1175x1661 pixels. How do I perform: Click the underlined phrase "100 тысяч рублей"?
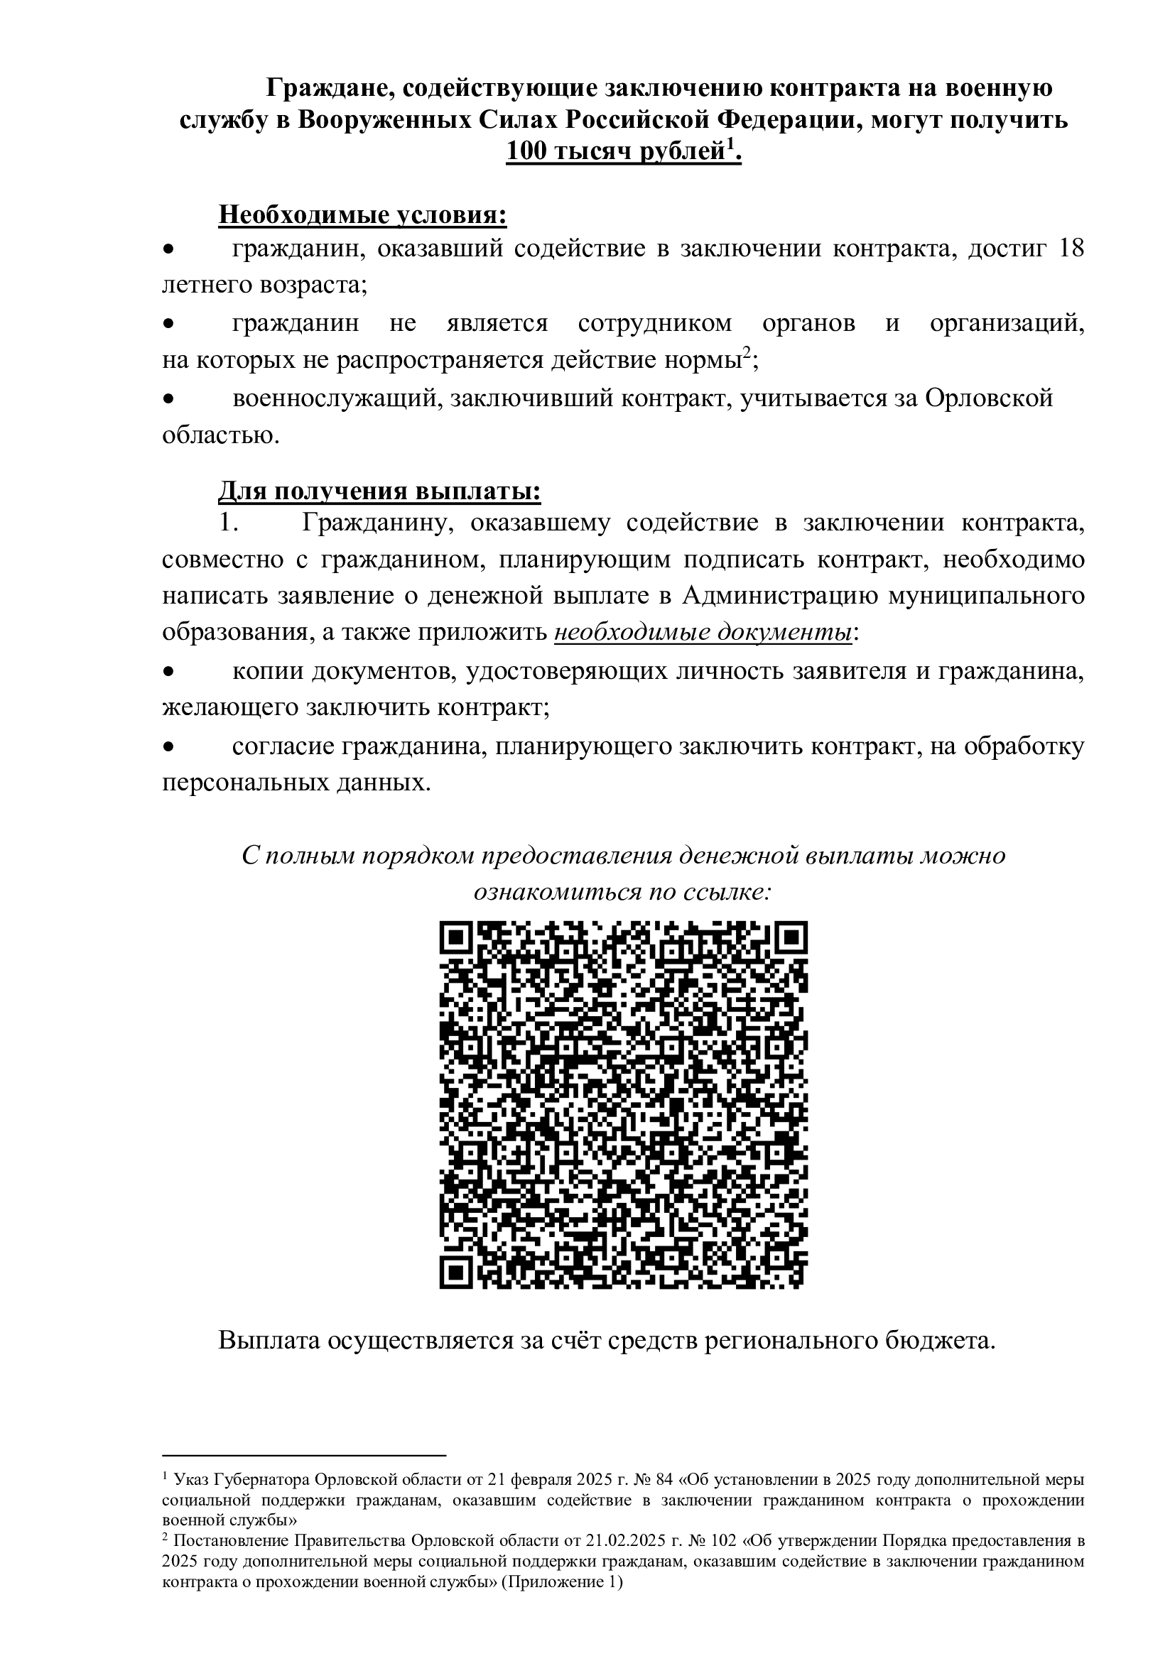pyautogui.click(x=615, y=152)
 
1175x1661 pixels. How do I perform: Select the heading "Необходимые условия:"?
pyautogui.click(x=362, y=215)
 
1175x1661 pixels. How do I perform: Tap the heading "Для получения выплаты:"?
pyautogui.click(x=379, y=491)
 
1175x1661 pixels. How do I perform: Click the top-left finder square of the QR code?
pyautogui.click(x=457, y=938)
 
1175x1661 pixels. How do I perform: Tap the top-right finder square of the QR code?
pyautogui.click(x=790, y=938)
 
